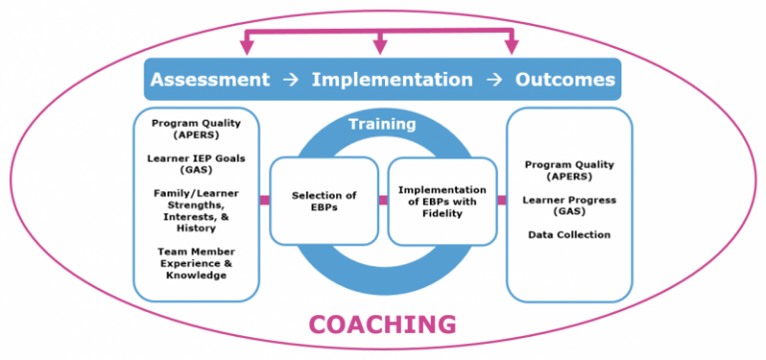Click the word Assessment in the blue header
[x=209, y=80]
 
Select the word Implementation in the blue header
[x=392, y=80]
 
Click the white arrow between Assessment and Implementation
[x=290, y=80]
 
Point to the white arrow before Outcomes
[x=494, y=80]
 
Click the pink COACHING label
[x=382, y=324]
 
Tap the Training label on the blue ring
[x=382, y=125]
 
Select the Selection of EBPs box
[x=324, y=200]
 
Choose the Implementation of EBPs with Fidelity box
[x=442, y=200]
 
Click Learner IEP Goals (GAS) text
[x=196, y=164]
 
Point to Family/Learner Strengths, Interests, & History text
[x=196, y=210]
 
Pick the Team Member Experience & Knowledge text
[x=196, y=262]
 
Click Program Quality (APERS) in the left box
[x=196, y=129]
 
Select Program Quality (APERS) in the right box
[x=570, y=171]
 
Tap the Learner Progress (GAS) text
[x=570, y=205]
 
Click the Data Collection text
[x=570, y=235]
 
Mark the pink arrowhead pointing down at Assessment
[x=244, y=47]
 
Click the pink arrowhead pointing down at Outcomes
[x=512, y=47]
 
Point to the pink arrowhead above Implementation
[x=379, y=47]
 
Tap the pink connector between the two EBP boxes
[x=383, y=200]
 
